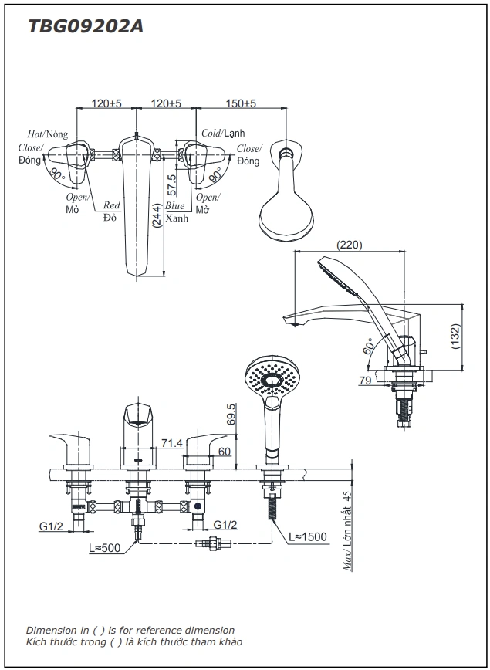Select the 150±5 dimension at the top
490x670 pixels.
coord(242,103)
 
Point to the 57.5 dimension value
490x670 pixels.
coord(171,185)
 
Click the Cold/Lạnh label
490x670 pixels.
coord(222,134)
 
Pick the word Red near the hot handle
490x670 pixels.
coord(112,205)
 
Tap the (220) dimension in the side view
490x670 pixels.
coord(350,245)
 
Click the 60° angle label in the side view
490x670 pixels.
coord(367,347)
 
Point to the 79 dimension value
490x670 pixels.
coord(366,380)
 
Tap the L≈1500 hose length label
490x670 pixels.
coord(308,536)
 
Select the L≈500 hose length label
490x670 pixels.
coord(106,547)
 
